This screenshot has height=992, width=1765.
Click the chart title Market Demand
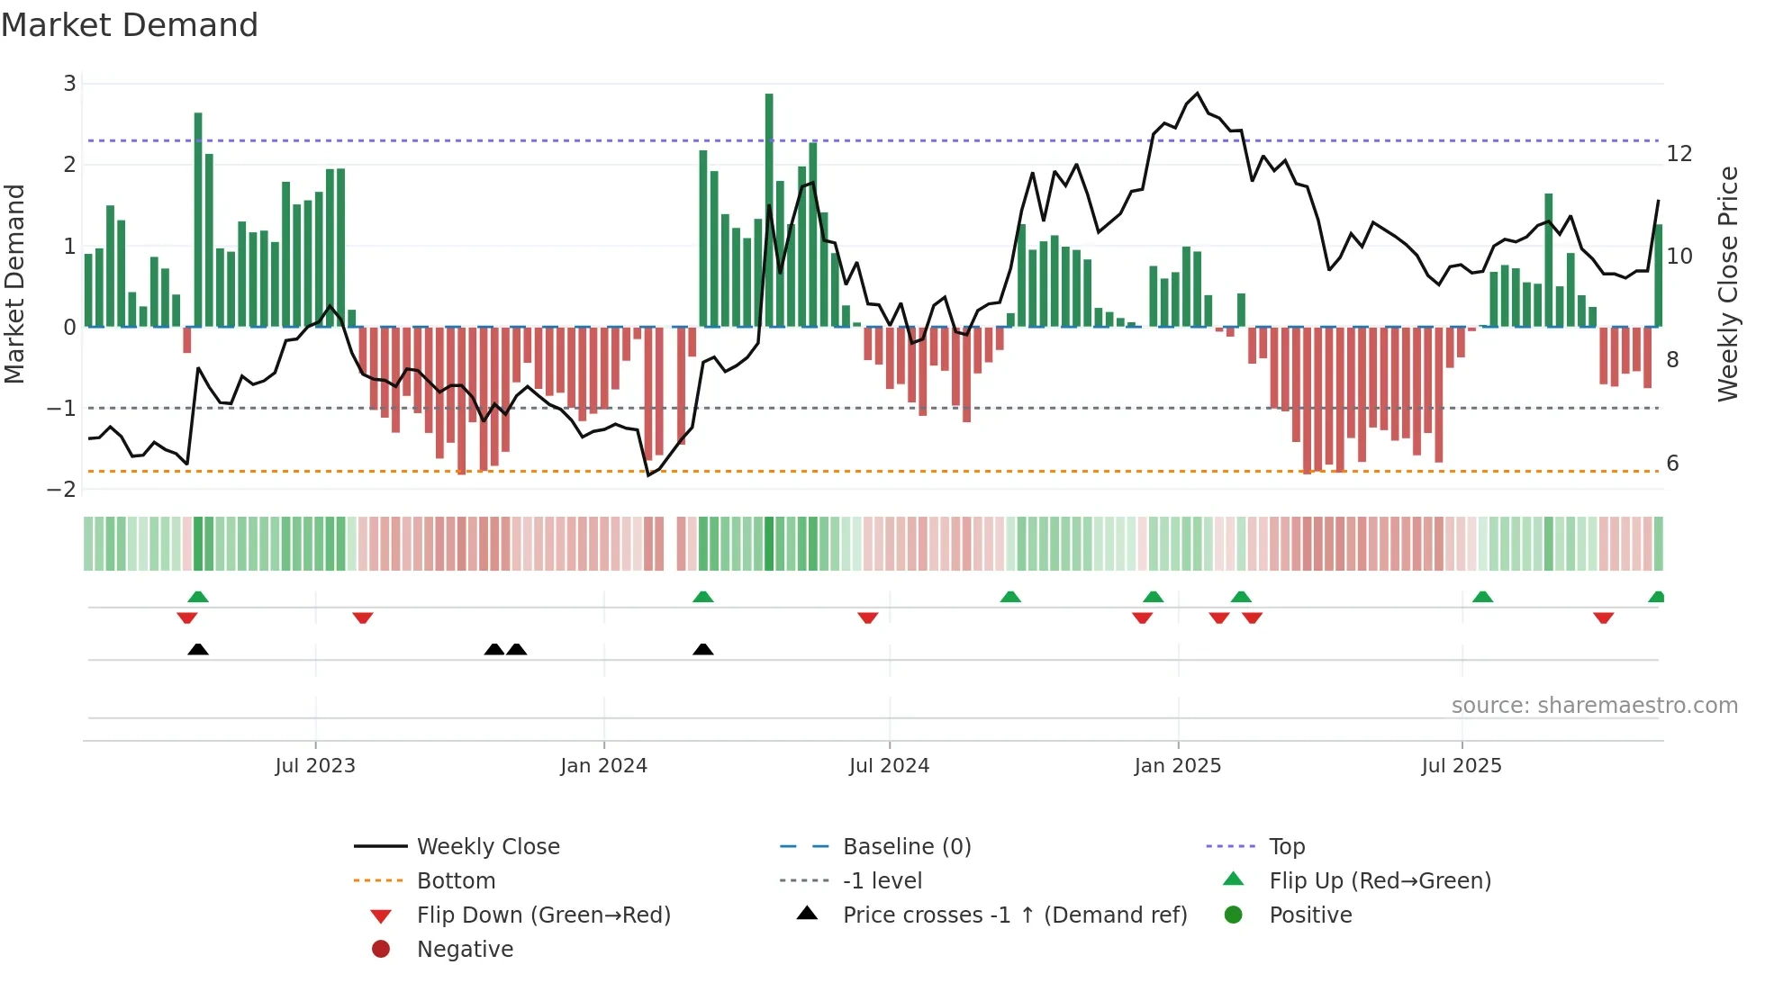[130, 25]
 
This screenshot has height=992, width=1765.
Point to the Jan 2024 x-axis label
[603, 765]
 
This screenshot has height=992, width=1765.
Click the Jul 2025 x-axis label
[1461, 765]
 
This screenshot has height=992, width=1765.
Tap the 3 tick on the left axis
[69, 84]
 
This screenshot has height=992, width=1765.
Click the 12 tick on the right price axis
[1679, 153]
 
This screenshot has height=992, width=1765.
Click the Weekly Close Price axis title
[1727, 284]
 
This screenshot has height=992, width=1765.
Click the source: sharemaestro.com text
[1594, 705]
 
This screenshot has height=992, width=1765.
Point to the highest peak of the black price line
[1197, 94]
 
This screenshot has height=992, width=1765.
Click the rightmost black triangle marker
[703, 649]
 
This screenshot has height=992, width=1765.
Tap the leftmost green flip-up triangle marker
[198, 596]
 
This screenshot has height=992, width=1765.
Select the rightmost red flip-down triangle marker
[1603, 618]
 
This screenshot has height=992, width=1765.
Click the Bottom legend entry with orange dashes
[456, 880]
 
